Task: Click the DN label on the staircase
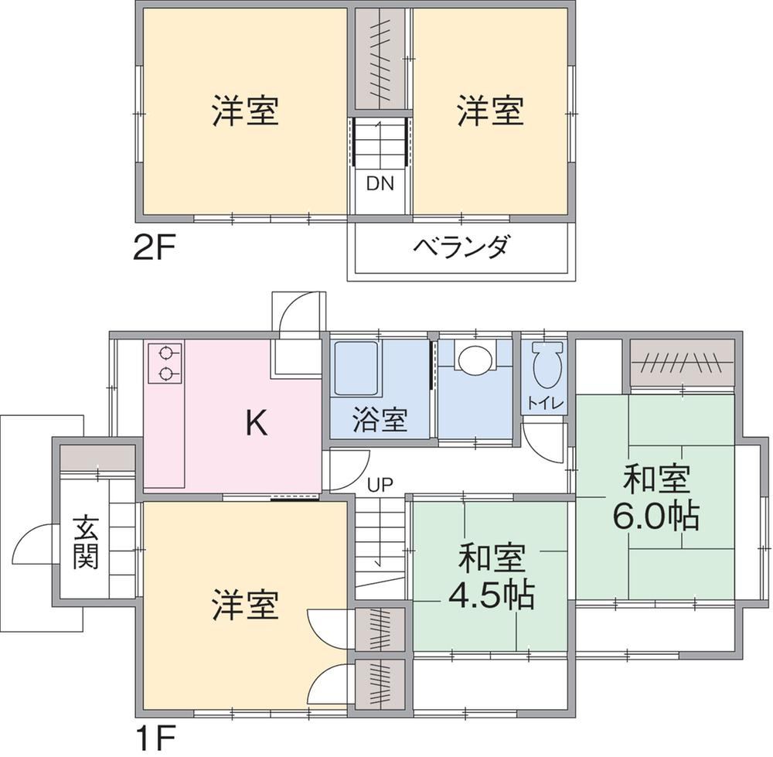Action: (380, 183)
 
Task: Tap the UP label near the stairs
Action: (380, 486)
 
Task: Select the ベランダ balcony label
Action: (461, 247)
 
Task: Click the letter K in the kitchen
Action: (257, 423)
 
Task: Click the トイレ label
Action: (545, 404)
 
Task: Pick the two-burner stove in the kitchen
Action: (165, 364)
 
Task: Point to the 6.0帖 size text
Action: (656, 517)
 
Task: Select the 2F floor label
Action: (155, 248)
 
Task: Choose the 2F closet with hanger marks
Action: (380, 60)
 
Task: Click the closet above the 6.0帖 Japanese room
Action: (683, 363)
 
